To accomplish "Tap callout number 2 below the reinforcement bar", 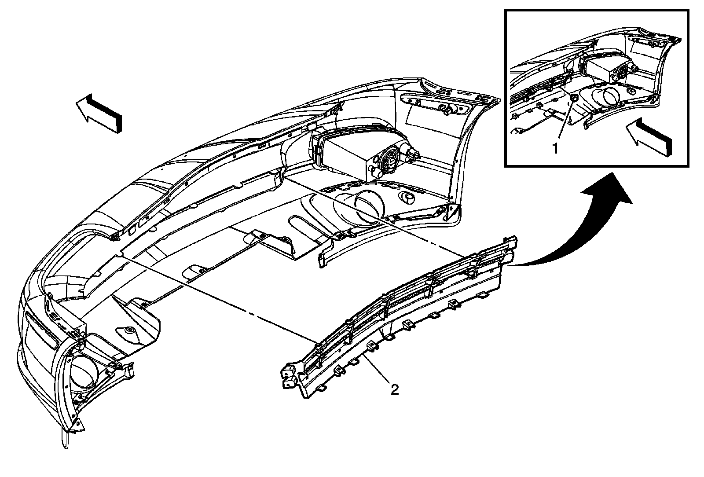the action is (x=395, y=389).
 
